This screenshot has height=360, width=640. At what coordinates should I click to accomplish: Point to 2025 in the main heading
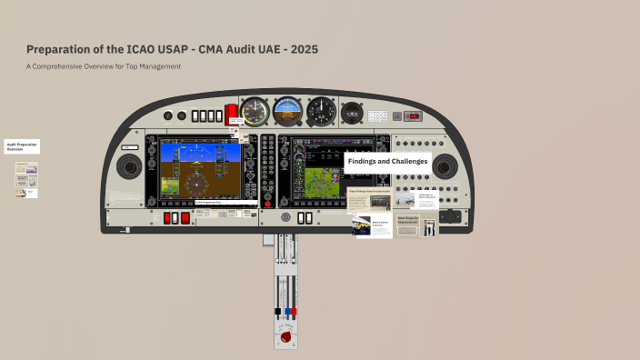(300, 48)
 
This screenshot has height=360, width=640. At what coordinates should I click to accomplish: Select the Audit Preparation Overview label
(21, 146)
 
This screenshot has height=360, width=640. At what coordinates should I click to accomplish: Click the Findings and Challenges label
(387, 161)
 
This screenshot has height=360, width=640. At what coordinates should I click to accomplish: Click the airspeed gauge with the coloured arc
(255, 112)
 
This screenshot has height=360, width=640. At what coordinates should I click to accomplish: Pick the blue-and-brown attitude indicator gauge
(287, 112)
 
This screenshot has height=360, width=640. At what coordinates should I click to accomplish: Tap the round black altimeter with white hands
(320, 112)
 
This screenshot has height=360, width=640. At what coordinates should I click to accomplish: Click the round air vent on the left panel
(128, 166)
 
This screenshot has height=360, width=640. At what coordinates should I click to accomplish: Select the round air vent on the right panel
(445, 166)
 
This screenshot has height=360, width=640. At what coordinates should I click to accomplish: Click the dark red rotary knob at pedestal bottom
(288, 338)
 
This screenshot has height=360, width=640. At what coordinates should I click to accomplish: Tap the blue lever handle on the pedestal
(288, 312)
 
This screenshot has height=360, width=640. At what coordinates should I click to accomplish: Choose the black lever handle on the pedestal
(278, 312)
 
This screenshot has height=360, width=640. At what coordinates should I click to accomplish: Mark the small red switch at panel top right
(415, 115)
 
